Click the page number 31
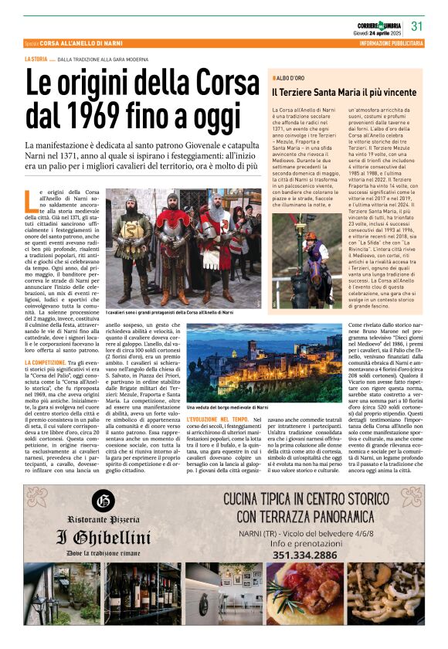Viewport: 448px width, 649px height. click(x=417, y=25)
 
